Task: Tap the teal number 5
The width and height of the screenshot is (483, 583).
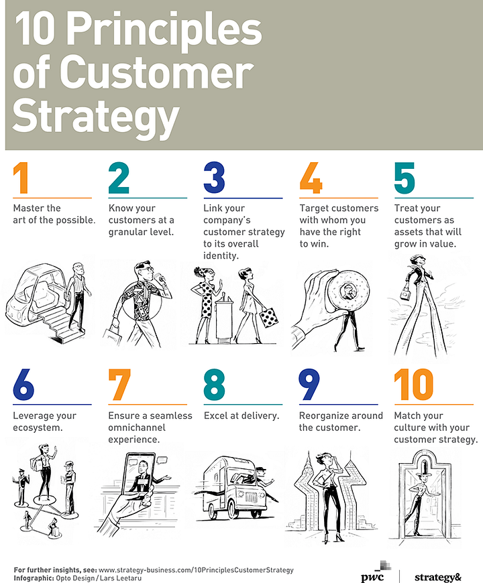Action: [405, 178]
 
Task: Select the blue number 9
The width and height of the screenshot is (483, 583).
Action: [309, 384]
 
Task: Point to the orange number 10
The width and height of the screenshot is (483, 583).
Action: [414, 384]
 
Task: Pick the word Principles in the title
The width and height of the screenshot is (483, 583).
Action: [164, 29]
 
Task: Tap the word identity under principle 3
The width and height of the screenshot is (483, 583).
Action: [221, 256]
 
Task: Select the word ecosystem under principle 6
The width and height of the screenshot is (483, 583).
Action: [38, 428]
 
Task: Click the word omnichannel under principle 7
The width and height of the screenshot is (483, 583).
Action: [137, 428]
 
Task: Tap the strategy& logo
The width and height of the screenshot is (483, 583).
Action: [437, 577]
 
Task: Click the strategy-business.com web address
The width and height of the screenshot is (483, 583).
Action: [196, 570]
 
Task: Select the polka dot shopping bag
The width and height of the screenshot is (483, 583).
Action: [268, 317]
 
